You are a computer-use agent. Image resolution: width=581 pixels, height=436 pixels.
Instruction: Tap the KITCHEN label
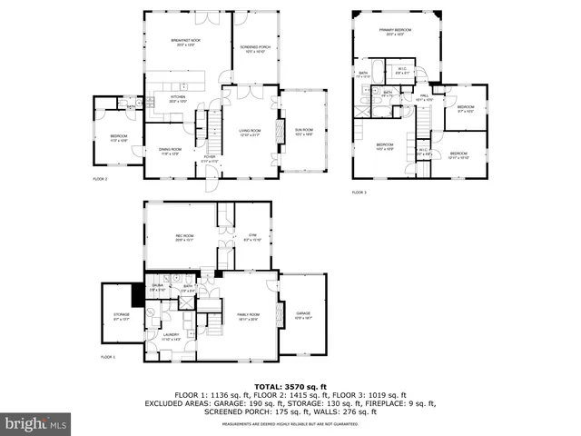tap(178, 97)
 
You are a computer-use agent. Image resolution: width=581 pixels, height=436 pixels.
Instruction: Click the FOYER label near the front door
tap(209, 156)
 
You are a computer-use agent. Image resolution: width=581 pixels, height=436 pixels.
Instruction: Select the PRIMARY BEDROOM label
tap(395, 30)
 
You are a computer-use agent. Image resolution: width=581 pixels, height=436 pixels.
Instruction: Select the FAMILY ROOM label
tap(249, 314)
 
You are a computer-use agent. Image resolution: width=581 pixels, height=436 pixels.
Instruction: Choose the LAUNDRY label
tap(172, 336)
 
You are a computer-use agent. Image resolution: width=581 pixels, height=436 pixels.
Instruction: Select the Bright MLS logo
tap(36, 423)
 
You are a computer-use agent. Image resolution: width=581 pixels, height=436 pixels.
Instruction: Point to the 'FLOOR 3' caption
tap(359, 192)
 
